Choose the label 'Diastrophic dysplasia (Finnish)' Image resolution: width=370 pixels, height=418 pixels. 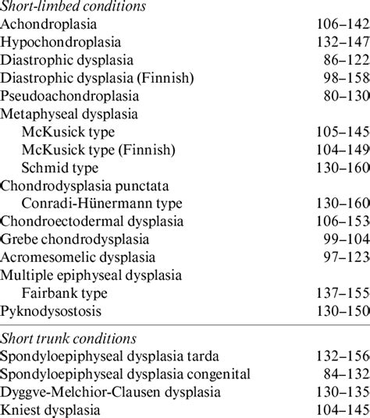pos(97,78)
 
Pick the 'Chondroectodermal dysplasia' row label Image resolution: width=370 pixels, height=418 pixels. pos(91,221)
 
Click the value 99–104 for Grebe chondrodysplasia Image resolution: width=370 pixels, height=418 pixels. pos(346,239)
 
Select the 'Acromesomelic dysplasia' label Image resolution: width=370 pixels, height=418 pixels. pos(78,257)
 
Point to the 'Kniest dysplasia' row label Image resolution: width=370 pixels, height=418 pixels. pos(51,409)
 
